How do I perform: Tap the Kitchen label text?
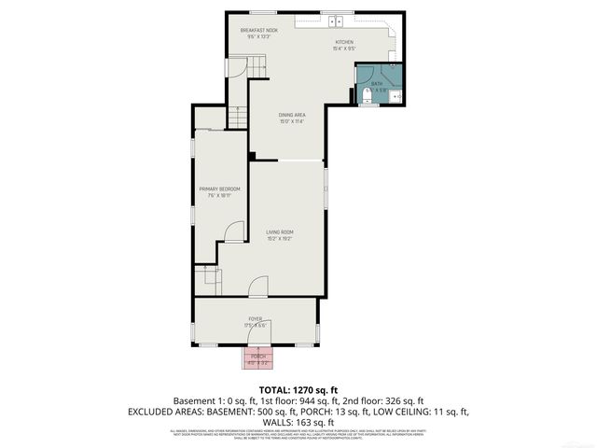click(x=345, y=42)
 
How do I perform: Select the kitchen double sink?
click(x=336, y=21)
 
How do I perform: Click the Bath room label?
click(x=377, y=84)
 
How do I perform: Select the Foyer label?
click(x=255, y=318)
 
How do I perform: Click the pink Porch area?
click(x=257, y=358)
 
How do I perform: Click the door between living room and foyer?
click(x=258, y=287)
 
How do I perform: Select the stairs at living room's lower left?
click(x=206, y=277)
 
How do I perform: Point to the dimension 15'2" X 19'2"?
click(x=280, y=239)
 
